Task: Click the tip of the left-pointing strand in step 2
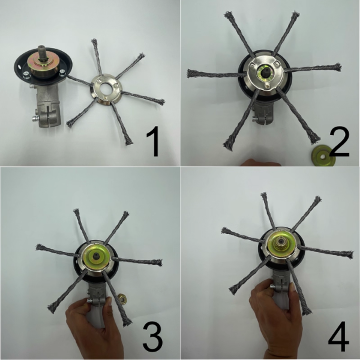coord(191,74)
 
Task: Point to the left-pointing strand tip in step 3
coord(40,248)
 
